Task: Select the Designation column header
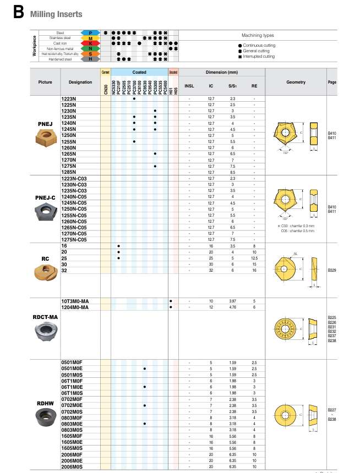click(80, 82)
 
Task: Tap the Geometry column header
click(296, 82)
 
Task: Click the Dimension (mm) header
click(222, 73)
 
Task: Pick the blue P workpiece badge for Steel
click(91, 33)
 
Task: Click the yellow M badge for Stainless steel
click(91, 38)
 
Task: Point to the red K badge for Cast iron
click(91, 43)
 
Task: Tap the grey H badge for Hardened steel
click(91, 59)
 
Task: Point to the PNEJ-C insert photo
click(45, 211)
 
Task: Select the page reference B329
click(332, 271)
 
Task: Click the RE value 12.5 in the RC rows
click(254, 257)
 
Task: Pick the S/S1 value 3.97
click(232, 301)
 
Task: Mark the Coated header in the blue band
click(139, 73)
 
